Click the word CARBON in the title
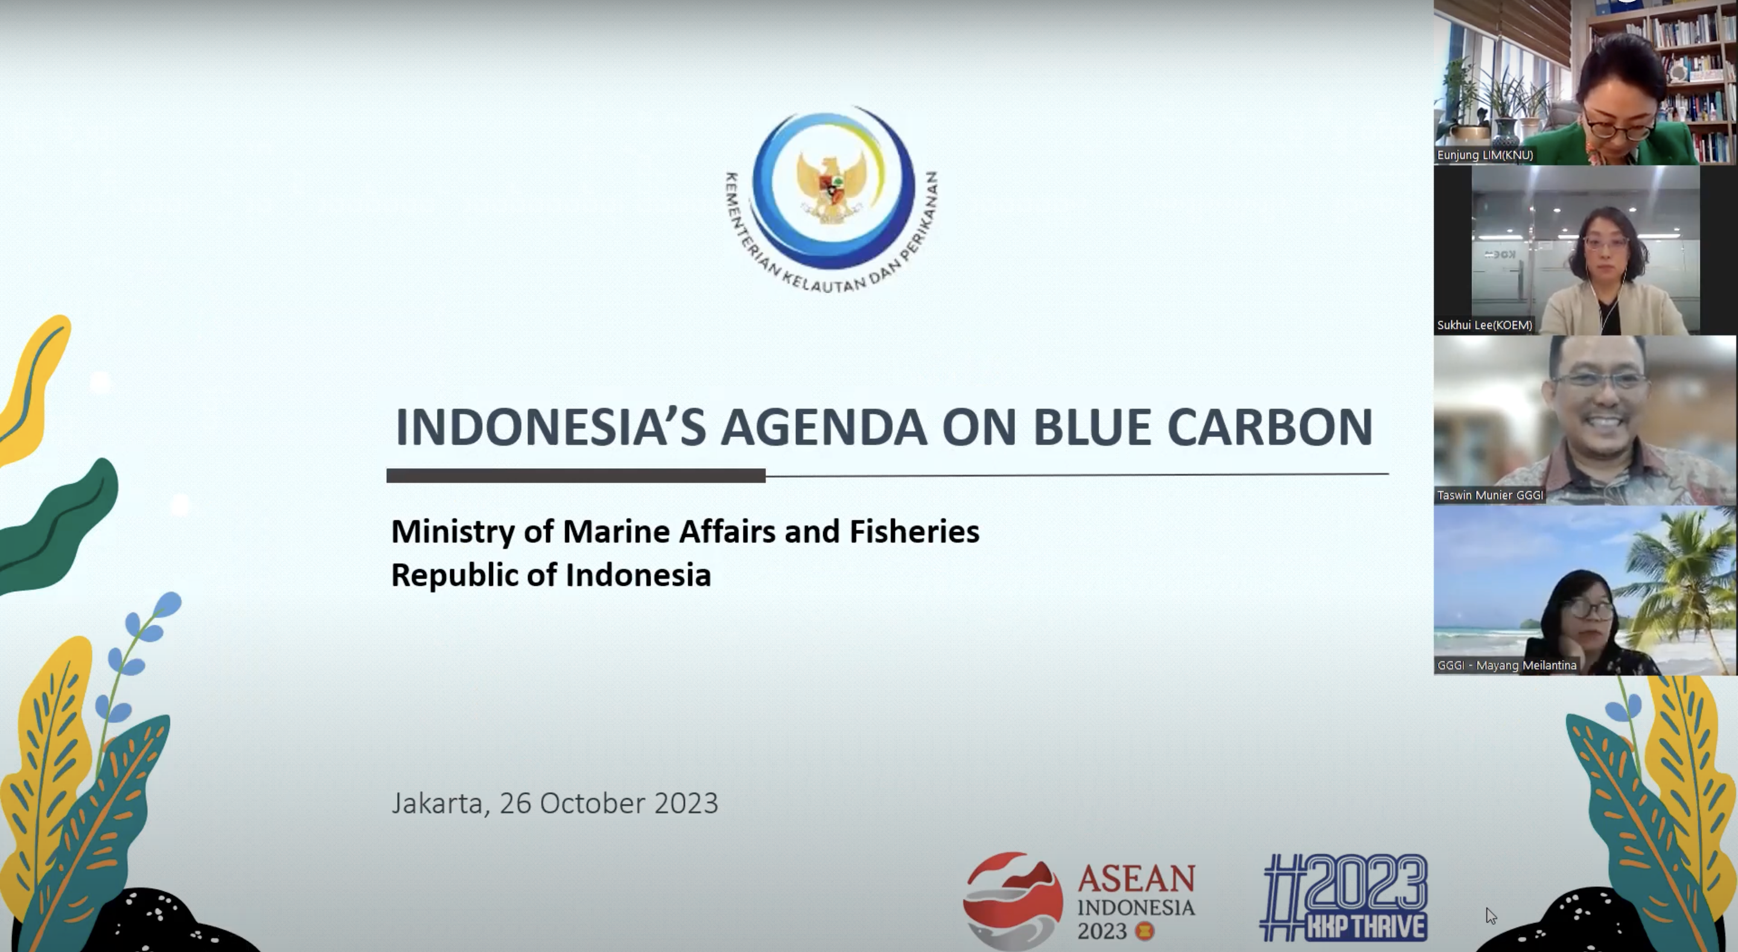coord(1270,427)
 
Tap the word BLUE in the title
coord(1092,427)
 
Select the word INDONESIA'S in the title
coord(550,427)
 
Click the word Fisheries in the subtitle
coord(914,532)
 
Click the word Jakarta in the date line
coord(440,804)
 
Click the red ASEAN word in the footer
coord(1136,879)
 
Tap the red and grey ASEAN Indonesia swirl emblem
coord(1012,900)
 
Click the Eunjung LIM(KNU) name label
coord(1485,155)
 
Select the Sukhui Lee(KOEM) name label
coord(1485,325)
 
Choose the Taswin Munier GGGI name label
coord(1490,495)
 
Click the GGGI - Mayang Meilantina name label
coord(1507,665)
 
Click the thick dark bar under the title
coord(576,475)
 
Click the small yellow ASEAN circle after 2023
coord(1144,931)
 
